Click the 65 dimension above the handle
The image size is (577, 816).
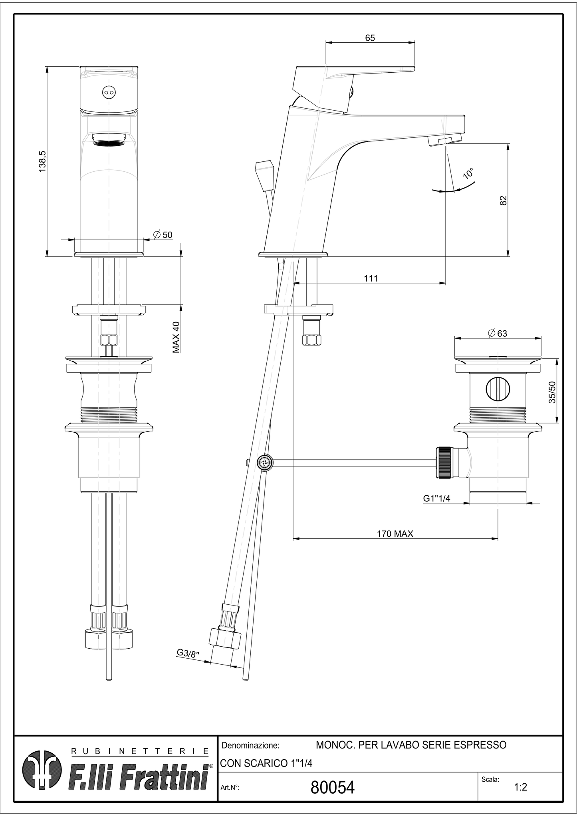coord(370,38)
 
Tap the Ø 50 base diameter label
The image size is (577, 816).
coord(163,235)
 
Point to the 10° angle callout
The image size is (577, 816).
coord(468,173)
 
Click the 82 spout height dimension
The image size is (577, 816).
coord(503,200)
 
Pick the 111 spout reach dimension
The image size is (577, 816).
coord(371,278)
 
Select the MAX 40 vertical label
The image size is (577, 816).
coord(176,337)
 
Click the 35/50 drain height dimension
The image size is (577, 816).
coord(552,392)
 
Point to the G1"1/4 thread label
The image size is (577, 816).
coord(437,498)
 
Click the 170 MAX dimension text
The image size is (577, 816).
coord(395,534)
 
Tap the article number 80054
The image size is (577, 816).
coord(332,787)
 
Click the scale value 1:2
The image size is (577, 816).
coord(520,787)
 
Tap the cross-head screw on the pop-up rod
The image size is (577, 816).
coord(265,463)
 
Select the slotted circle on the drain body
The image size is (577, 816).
coord(498,389)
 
